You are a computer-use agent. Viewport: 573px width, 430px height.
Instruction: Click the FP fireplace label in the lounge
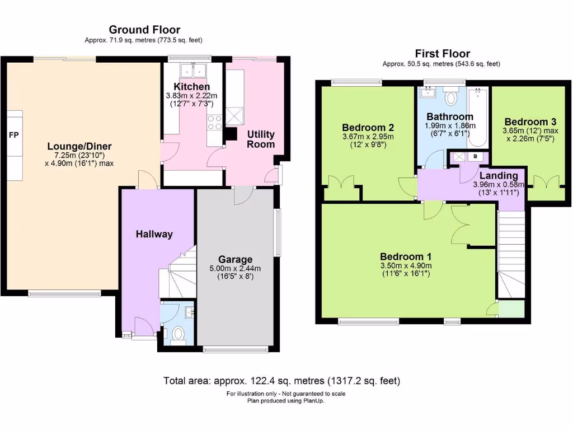coord(13,135)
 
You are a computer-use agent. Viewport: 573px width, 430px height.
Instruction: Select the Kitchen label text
coord(191,87)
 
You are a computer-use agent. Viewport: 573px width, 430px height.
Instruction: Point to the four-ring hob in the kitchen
coord(214,122)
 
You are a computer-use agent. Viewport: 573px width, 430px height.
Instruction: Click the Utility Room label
coord(261,139)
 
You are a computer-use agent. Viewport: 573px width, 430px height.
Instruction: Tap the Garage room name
coord(235,259)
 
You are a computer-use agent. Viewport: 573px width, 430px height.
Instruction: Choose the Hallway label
coord(154,234)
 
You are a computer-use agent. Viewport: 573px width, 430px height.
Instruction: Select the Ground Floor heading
coord(144,30)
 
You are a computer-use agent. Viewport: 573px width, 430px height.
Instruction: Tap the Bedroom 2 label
coord(364,127)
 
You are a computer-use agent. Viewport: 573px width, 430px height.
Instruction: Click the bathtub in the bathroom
coord(480,115)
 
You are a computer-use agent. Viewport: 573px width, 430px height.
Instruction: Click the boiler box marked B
coord(475,157)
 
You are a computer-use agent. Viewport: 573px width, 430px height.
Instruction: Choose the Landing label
coord(498,175)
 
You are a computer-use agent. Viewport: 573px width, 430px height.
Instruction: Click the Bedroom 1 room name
coord(406,256)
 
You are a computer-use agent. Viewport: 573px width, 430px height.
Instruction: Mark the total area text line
coord(282,381)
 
